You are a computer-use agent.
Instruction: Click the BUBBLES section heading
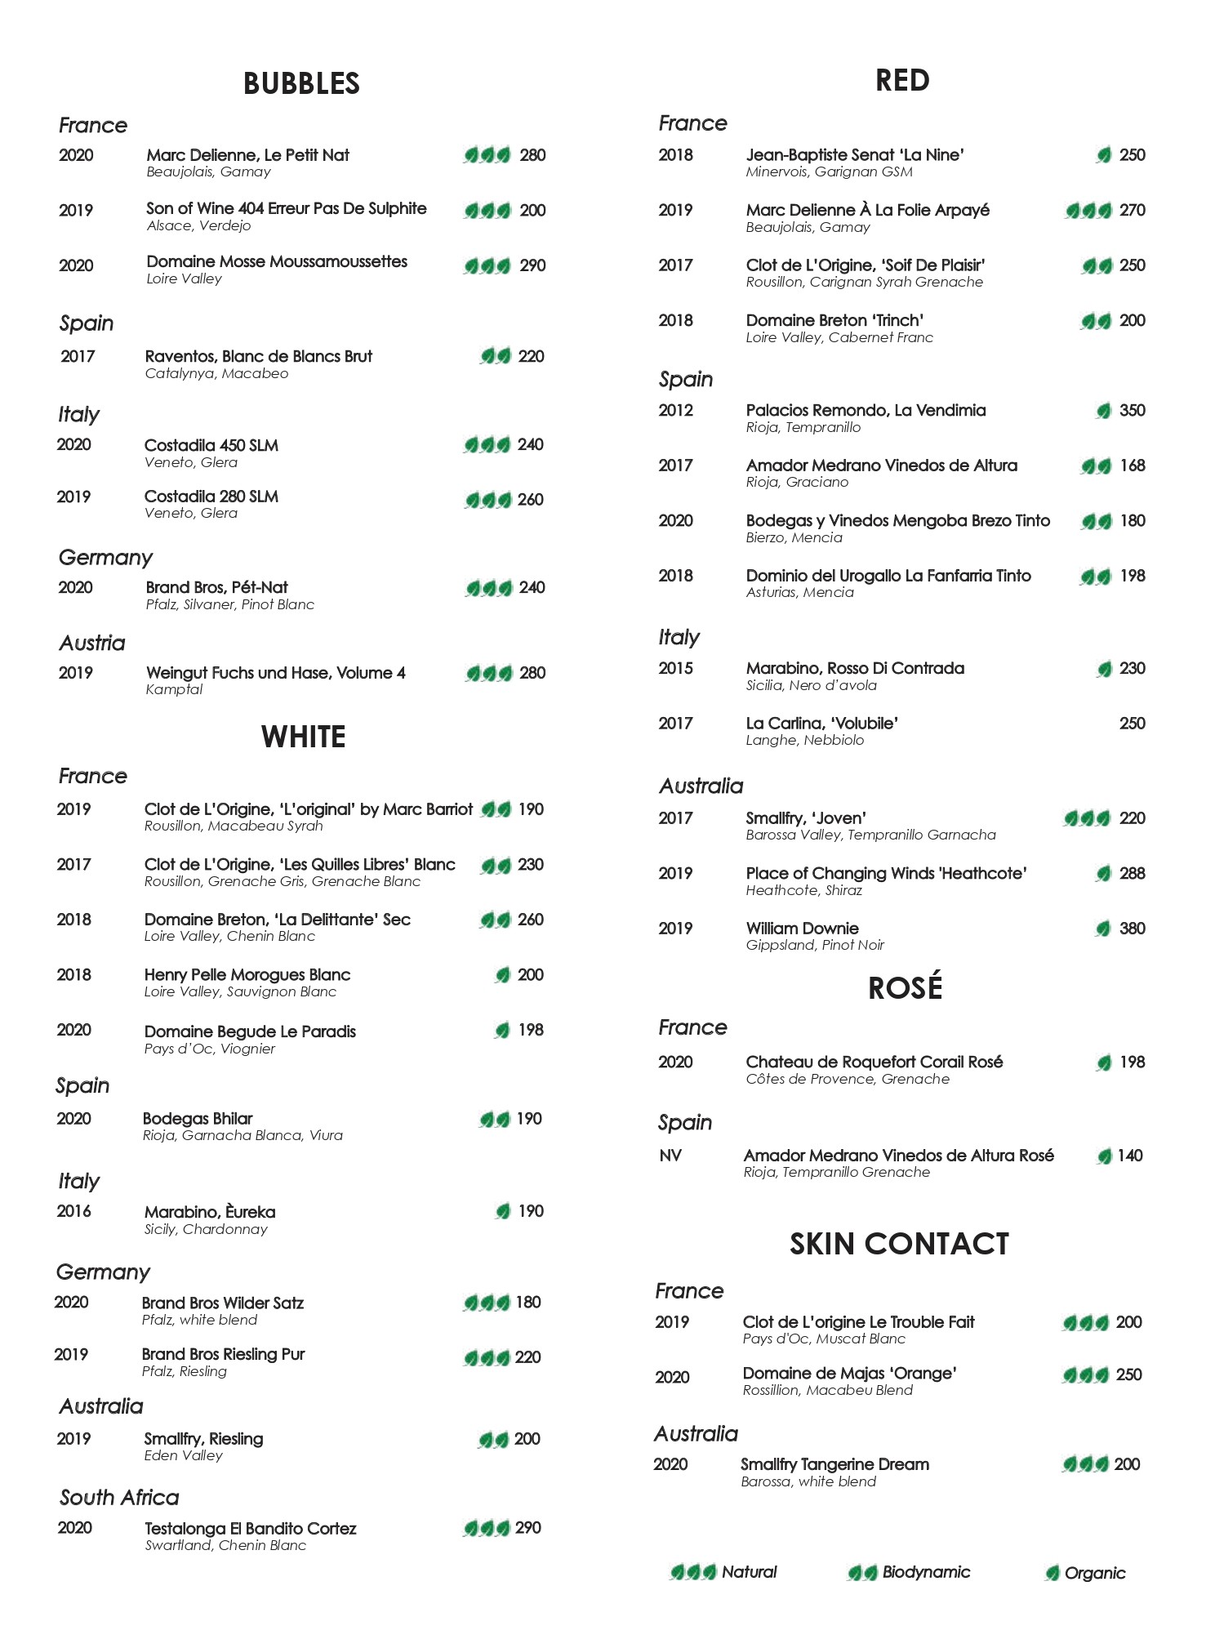click(x=301, y=83)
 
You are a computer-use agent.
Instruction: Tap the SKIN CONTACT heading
click(x=899, y=1244)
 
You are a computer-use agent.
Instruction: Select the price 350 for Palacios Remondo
click(x=1132, y=410)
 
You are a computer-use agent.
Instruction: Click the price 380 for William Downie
click(x=1132, y=928)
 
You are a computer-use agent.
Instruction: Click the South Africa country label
click(x=119, y=1497)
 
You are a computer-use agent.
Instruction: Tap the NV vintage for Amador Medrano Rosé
click(x=670, y=1155)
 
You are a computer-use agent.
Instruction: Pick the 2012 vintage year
click(x=675, y=410)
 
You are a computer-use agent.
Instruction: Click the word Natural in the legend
click(x=749, y=1571)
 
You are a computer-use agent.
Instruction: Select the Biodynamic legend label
click(x=926, y=1572)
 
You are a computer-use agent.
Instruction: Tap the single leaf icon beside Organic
click(x=1052, y=1573)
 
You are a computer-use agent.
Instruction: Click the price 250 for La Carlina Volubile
click(x=1132, y=723)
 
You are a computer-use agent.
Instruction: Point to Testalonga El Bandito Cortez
click(x=250, y=1528)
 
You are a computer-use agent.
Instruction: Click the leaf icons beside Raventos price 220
click(x=496, y=356)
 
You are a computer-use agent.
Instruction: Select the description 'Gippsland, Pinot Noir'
click(x=814, y=945)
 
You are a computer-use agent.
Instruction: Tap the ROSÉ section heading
click(x=905, y=987)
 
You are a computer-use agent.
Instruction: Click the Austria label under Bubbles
click(x=92, y=643)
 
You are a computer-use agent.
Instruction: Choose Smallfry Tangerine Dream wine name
click(x=834, y=1464)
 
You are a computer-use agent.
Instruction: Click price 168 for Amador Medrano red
click(x=1132, y=466)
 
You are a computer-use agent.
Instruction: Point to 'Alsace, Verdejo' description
click(x=198, y=225)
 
